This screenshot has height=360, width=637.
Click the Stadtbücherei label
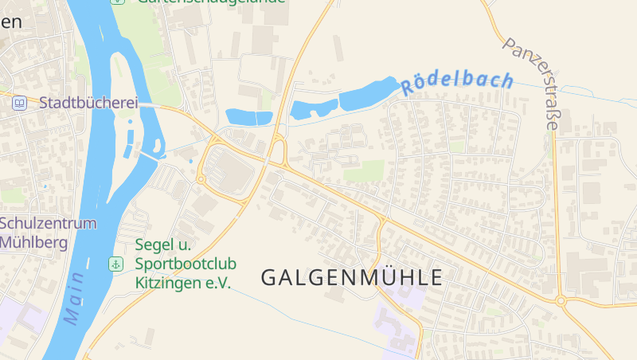point(88,103)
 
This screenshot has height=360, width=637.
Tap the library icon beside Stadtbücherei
point(20,103)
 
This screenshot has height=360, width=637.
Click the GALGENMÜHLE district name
point(351,278)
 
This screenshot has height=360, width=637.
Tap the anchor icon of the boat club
point(116,264)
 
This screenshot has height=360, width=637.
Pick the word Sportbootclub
point(186,264)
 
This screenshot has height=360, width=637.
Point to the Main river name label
point(75,299)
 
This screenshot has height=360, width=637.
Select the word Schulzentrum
point(49,223)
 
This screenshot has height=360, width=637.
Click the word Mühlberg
point(34,243)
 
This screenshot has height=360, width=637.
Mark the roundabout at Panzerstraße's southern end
point(561,301)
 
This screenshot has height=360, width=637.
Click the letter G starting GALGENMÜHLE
point(269,278)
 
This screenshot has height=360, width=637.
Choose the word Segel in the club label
point(152,245)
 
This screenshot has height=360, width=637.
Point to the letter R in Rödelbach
point(408,88)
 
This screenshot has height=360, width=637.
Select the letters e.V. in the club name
point(218,283)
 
